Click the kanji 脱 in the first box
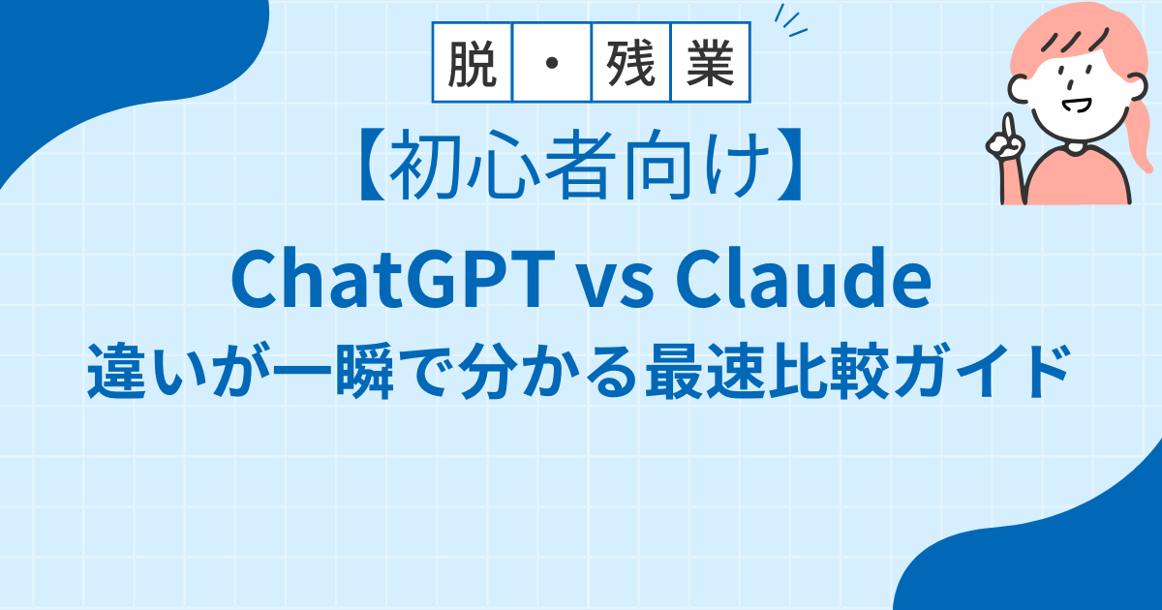473,63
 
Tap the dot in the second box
552,63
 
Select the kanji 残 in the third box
630,63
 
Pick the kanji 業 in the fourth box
710,63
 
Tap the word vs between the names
617,287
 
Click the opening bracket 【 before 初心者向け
372,165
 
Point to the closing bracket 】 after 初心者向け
790,165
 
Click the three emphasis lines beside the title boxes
790,20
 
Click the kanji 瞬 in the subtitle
365,370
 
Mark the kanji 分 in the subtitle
489,370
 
